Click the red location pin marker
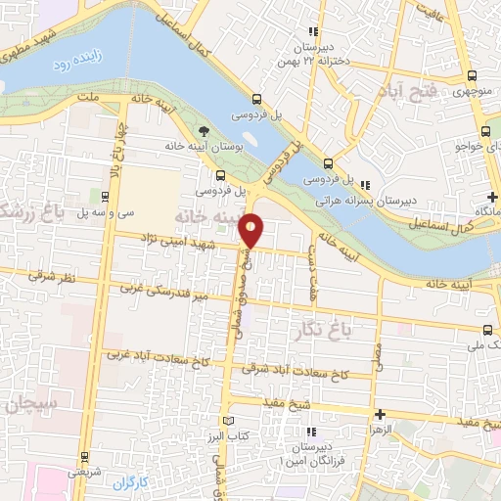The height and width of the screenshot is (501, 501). coord(251,230)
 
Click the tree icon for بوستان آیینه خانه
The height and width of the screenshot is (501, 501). coord(203,129)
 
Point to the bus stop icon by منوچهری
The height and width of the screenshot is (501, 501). coord(473,75)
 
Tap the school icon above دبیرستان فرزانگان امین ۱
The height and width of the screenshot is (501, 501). coord(313,432)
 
